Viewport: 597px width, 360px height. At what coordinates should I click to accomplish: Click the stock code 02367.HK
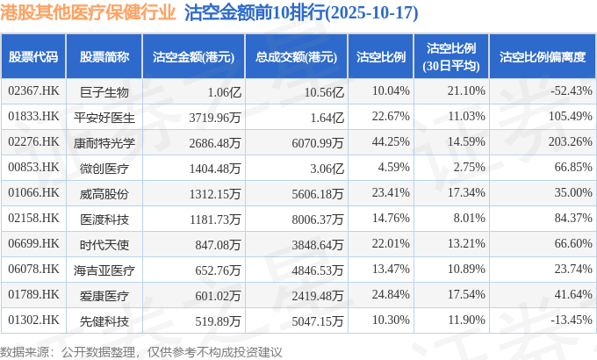pyautogui.click(x=33, y=90)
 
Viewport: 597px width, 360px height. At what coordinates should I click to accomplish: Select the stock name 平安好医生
pyautogui.click(x=104, y=116)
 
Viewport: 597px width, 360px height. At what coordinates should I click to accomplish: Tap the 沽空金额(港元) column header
pyautogui.click(x=193, y=57)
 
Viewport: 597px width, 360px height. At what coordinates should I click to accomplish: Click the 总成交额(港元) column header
pyautogui.click(x=297, y=57)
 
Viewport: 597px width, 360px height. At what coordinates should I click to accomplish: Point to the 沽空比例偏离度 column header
pyautogui.click(x=542, y=57)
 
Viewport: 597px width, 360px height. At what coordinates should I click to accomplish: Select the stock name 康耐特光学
pyautogui.click(x=104, y=141)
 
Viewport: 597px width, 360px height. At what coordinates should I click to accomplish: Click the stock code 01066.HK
pyautogui.click(x=33, y=192)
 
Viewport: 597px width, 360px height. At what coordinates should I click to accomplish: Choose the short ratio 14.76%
pyautogui.click(x=391, y=218)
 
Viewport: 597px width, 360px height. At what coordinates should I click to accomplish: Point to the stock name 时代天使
pyautogui.click(x=104, y=243)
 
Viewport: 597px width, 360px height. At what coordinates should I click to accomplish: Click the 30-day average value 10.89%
pyautogui.click(x=466, y=269)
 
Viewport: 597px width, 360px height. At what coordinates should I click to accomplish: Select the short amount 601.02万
pyautogui.click(x=216, y=294)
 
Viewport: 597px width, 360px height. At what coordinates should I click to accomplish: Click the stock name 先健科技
pyautogui.click(x=104, y=320)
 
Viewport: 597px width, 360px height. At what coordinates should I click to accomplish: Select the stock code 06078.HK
pyautogui.click(x=33, y=269)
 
